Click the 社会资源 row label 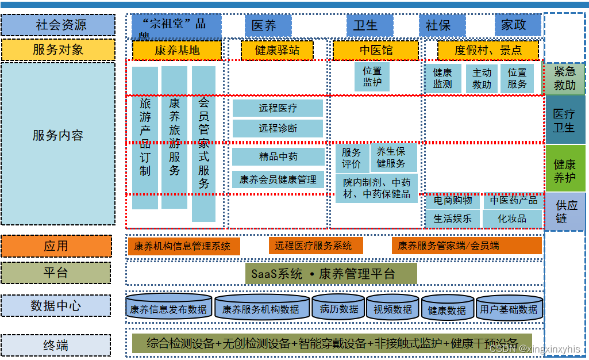pos(57,25)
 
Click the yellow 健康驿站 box pos(277,50)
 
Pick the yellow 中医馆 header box pos(376,50)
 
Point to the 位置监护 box pos(372,76)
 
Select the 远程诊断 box pos(278,128)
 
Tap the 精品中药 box pos(278,156)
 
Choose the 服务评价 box pos(351,158)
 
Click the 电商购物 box pos(453,201)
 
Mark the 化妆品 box pos(512,219)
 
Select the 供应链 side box pos(565,212)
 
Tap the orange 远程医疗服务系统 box pos(315,246)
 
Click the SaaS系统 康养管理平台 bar pos(331,274)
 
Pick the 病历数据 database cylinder pos(338,308)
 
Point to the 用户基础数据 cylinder pos(509,309)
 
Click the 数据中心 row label pos(55,306)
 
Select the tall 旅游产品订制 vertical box pos(145,138)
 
